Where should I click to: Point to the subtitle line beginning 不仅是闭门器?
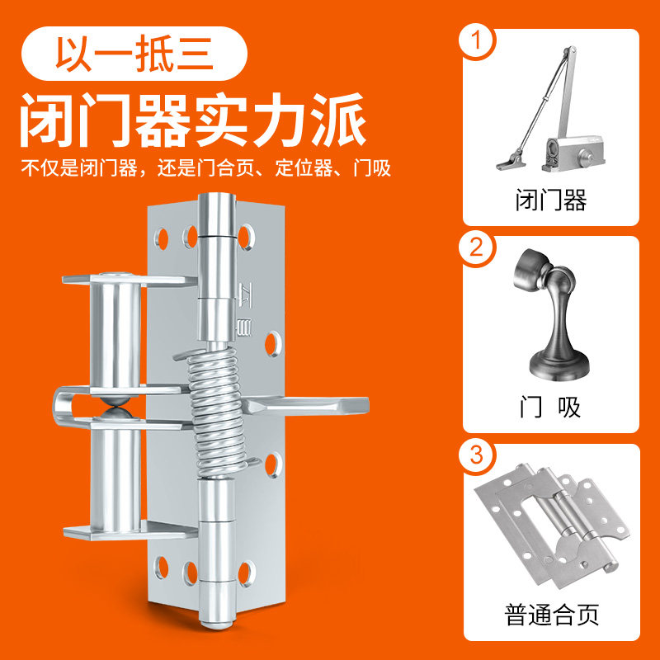click(205, 168)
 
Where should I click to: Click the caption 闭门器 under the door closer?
click(551, 200)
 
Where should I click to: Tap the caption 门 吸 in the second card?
click(551, 408)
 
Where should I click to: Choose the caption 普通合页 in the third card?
click(551, 615)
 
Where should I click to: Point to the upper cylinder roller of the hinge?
click(115, 330)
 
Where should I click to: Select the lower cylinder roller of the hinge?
click(115, 478)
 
